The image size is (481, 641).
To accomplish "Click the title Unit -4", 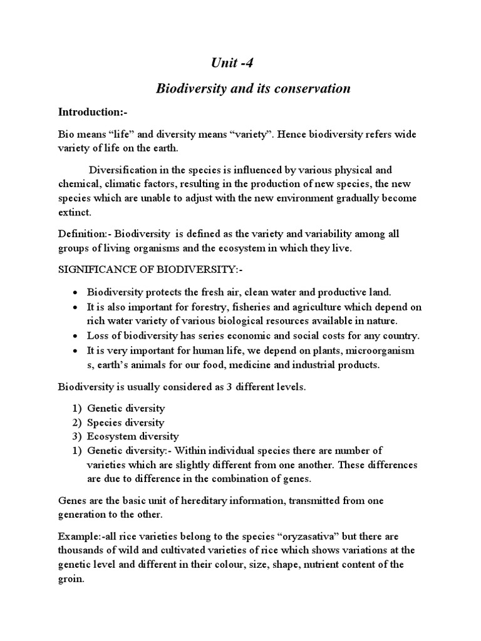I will [x=230, y=63].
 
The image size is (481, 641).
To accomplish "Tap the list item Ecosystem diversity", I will [x=132, y=436].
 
